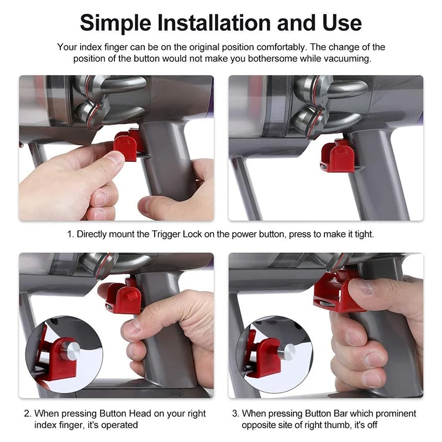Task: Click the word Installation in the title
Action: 215,23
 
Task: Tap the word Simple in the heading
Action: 115,23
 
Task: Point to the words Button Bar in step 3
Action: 326,413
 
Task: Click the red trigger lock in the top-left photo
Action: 127,145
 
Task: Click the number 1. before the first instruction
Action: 71,234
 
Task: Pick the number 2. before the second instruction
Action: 28,413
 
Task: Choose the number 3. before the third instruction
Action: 236,413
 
